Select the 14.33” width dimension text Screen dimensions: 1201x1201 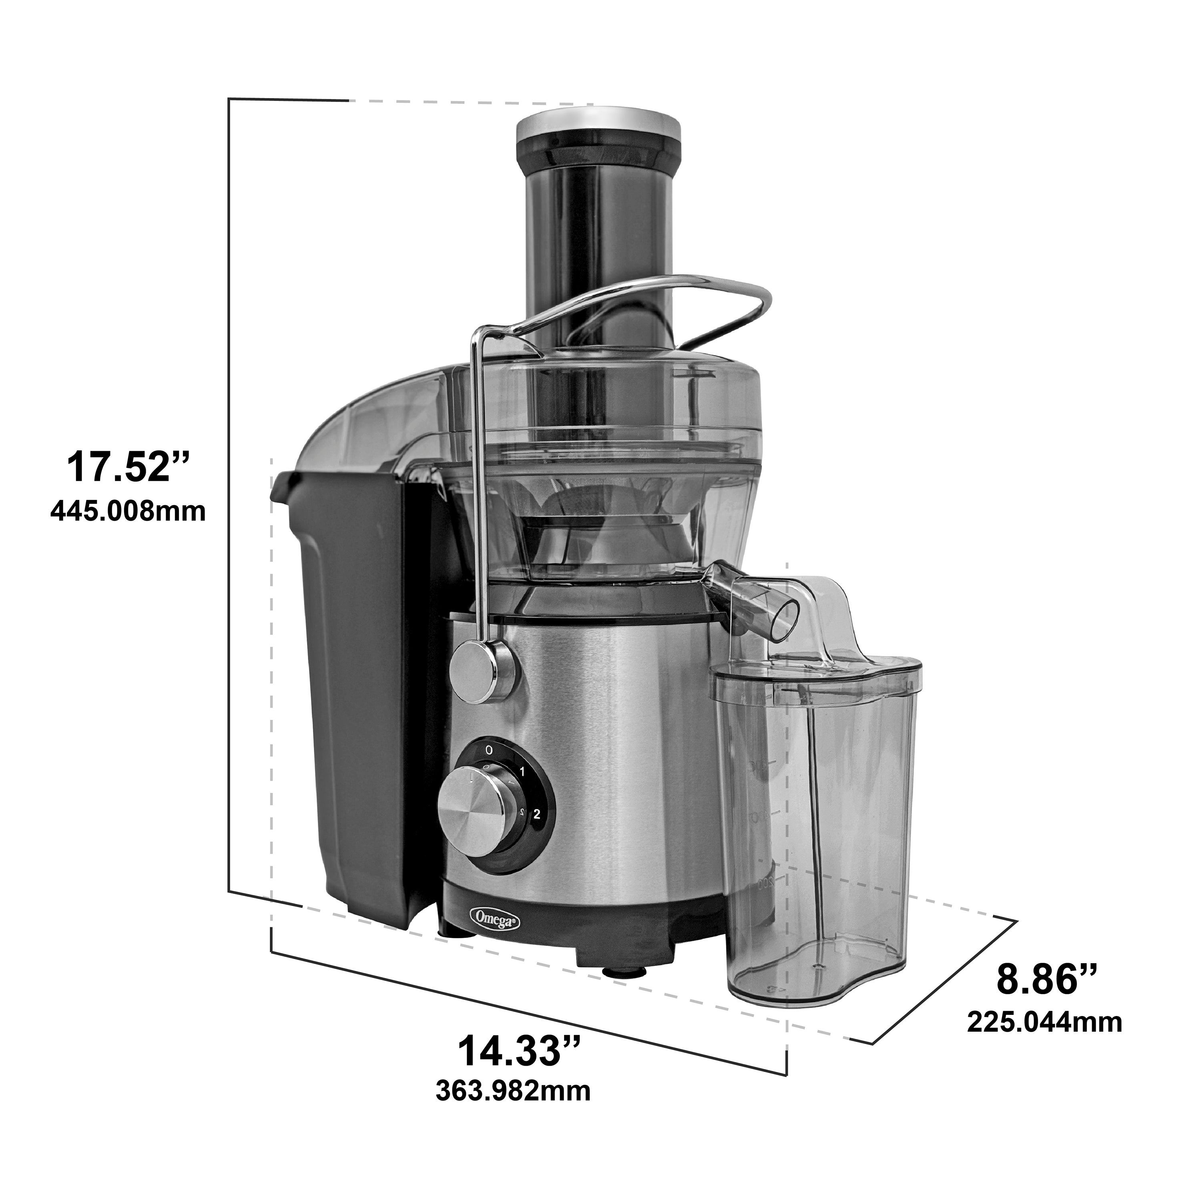click(520, 1049)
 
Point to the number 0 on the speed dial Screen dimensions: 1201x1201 click(489, 750)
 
